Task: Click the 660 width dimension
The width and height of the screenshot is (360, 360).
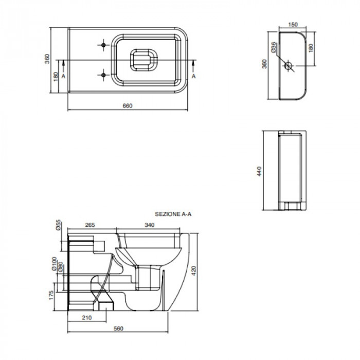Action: click(x=128, y=105)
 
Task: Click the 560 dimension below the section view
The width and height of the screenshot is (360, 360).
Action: click(x=118, y=329)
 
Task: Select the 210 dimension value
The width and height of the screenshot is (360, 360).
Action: click(x=87, y=317)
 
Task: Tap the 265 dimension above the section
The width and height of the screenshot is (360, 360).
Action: click(x=90, y=225)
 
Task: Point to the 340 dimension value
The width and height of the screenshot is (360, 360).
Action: click(x=150, y=225)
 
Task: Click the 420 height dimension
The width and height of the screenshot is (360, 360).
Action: click(x=194, y=271)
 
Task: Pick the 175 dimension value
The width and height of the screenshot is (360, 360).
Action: click(x=51, y=295)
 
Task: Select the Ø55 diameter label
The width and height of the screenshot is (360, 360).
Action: click(x=59, y=225)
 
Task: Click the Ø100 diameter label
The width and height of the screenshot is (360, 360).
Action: click(x=54, y=264)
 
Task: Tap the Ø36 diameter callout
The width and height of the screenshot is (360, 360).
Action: click(x=274, y=47)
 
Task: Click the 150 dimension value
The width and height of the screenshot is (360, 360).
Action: click(x=293, y=24)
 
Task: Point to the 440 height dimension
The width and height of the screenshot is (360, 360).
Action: click(x=259, y=171)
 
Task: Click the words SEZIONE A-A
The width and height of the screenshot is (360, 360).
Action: click(x=173, y=214)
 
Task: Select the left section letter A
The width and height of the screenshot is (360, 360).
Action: click(x=63, y=76)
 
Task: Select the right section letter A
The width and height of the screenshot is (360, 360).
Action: click(x=194, y=76)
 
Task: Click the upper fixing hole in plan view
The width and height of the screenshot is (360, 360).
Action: click(x=103, y=45)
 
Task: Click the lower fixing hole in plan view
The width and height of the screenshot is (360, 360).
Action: click(x=103, y=75)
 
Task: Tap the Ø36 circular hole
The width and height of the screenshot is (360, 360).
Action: click(x=288, y=66)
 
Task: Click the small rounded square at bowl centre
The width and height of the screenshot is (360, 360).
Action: click(x=143, y=60)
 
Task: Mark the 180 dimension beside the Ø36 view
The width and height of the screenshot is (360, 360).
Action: click(x=311, y=48)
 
